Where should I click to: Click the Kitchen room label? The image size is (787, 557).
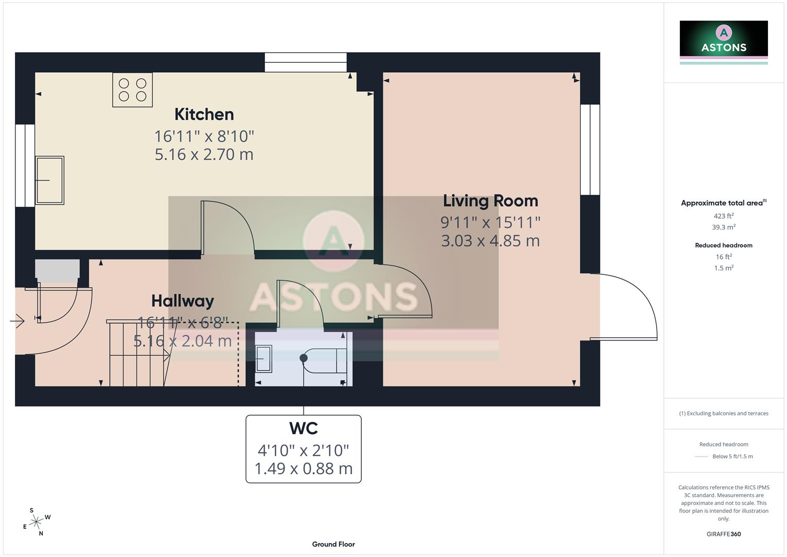pos(204,114)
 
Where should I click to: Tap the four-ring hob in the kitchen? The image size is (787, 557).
pos(132,90)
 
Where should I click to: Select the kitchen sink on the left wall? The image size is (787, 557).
pos(49,181)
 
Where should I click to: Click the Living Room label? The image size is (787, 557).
pos(490,201)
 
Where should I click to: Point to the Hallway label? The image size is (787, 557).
pos(182,301)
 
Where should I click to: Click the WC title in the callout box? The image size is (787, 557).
pos(303,429)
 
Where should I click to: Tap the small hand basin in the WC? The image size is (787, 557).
pos(264,358)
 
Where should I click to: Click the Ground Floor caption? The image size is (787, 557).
pos(333,544)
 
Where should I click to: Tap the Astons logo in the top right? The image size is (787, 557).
pos(724,41)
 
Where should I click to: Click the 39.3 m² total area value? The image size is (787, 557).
pos(724,227)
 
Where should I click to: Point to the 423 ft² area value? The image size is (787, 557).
pos(724,216)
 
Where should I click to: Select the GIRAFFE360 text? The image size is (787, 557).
pos(724,534)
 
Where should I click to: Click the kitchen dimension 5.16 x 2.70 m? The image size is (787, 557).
pos(204,154)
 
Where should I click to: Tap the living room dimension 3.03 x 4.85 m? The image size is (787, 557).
pos(490,241)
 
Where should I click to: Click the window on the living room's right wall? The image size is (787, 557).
pos(590,150)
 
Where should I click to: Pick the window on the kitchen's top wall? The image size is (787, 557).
pos(306,62)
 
